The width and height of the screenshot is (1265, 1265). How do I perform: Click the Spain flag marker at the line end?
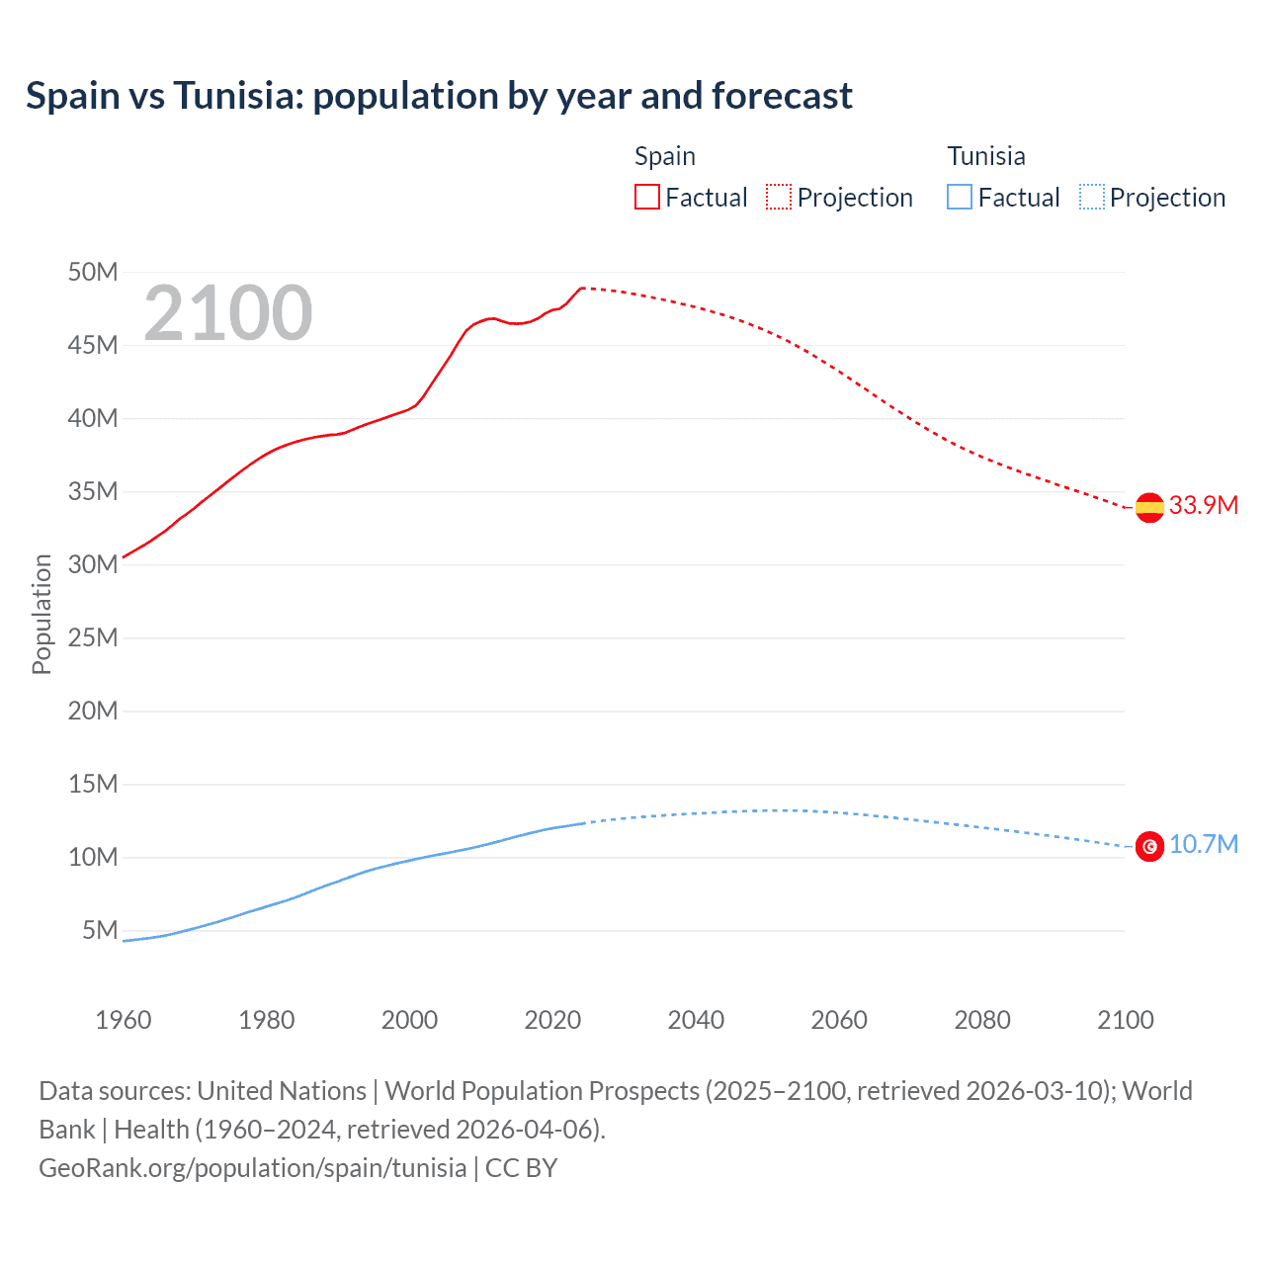(x=1149, y=507)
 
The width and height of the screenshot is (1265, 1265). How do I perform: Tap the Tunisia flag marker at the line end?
(x=1149, y=847)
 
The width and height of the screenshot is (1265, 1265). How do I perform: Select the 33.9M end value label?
(x=1203, y=505)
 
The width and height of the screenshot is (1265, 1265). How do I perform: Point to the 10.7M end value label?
(x=1203, y=844)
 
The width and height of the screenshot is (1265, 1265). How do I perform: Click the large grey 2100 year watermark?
(x=228, y=313)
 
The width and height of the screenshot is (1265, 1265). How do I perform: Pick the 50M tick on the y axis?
(x=93, y=272)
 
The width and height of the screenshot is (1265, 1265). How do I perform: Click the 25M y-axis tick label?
(x=93, y=637)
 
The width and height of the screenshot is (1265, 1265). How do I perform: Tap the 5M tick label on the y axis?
(x=100, y=930)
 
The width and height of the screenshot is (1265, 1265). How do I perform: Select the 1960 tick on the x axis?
(x=124, y=1020)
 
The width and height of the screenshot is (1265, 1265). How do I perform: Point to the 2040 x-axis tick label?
(x=696, y=1020)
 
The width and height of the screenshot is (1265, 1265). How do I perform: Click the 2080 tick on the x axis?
(x=982, y=1020)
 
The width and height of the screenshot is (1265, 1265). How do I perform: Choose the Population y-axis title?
(x=42, y=614)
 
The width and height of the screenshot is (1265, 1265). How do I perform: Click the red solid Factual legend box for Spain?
(x=647, y=197)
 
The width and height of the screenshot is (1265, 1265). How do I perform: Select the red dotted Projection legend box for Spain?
(x=779, y=197)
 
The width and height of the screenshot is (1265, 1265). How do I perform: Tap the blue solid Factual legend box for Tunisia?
(x=960, y=197)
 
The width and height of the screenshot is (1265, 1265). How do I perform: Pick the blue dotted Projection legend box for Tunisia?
(x=1092, y=197)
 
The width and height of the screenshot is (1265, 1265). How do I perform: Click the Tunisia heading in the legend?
(x=986, y=156)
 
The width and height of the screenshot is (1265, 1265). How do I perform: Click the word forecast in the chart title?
(x=782, y=96)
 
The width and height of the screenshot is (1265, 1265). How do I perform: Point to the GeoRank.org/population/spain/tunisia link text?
(x=252, y=1168)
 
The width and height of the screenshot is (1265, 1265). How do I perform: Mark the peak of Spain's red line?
(x=582, y=288)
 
